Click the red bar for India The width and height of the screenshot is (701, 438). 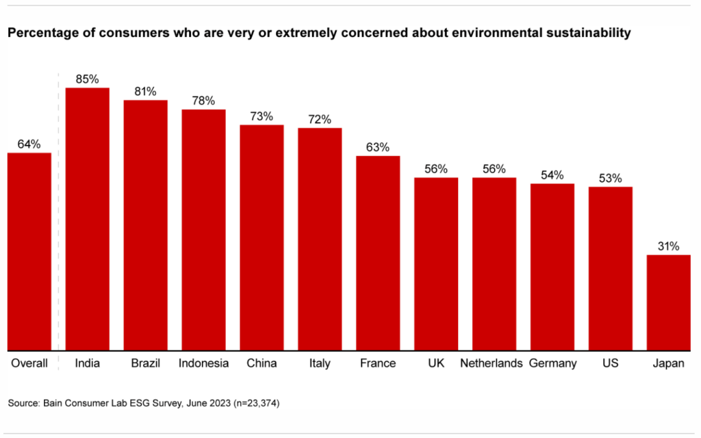point(88,219)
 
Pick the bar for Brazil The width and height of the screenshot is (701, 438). point(146,225)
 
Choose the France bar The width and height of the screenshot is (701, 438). point(378,253)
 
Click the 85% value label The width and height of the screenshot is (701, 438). point(88,79)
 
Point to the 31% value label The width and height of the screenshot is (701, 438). point(669,246)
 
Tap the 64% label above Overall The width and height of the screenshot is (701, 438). point(29,144)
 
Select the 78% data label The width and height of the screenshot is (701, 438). point(203,101)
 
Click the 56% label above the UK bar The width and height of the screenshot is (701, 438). point(435,168)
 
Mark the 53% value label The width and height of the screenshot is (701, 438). point(610,178)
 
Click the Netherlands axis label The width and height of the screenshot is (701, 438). point(492,363)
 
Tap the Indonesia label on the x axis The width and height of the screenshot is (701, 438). point(203,363)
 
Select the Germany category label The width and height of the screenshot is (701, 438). point(553,363)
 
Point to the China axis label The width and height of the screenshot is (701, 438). point(262,363)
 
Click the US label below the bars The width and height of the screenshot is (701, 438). point(610,363)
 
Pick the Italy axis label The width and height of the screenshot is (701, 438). point(320,363)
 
